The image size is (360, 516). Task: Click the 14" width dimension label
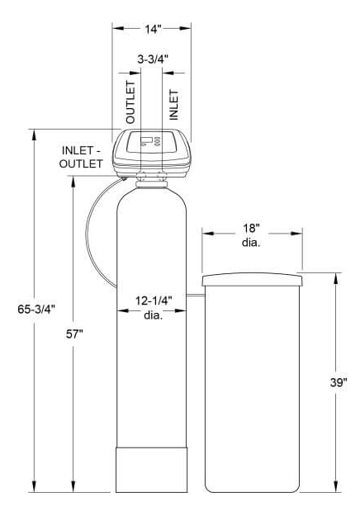click(x=153, y=29)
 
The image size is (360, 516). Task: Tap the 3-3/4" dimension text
click(x=153, y=59)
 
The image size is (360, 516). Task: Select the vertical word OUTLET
click(x=130, y=102)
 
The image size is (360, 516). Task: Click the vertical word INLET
click(x=173, y=104)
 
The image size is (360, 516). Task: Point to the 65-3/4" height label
click(x=36, y=309)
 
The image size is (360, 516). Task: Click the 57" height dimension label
click(x=74, y=334)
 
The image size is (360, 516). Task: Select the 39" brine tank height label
click(x=339, y=382)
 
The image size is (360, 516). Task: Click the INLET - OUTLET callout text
click(x=81, y=157)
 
